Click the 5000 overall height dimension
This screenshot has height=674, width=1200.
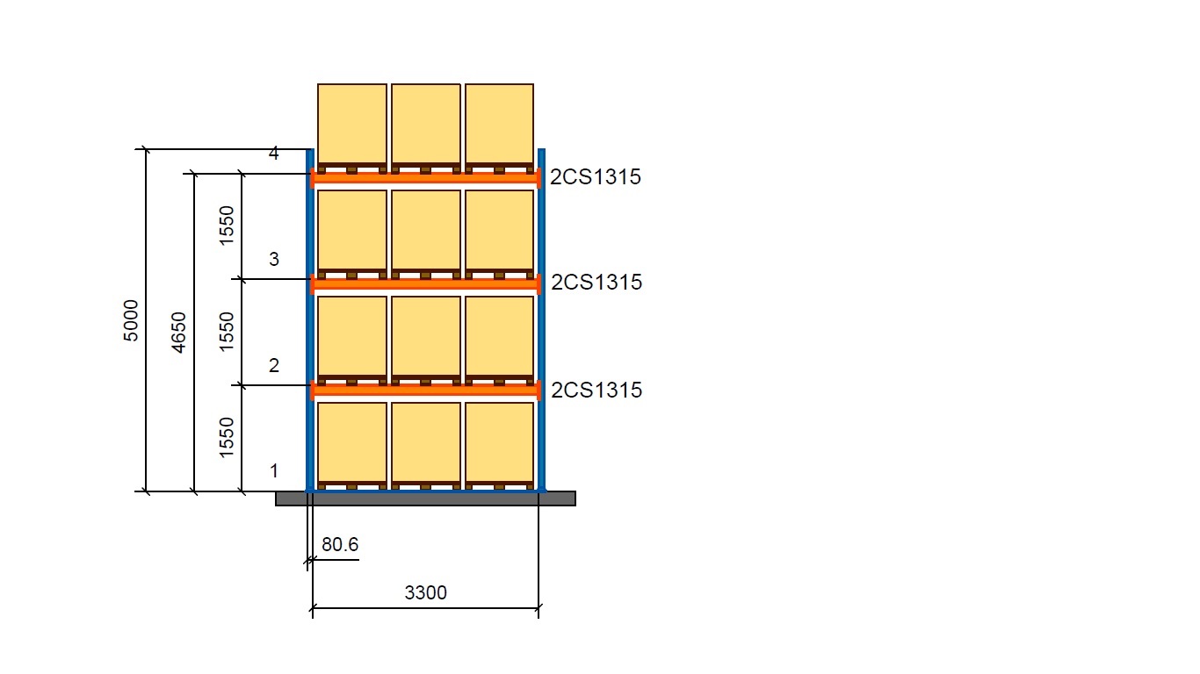point(130,320)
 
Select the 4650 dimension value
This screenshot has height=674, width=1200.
point(178,332)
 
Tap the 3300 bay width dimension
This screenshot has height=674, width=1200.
point(425,593)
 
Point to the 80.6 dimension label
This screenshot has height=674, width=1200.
point(340,545)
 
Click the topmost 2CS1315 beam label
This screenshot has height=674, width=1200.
point(596,177)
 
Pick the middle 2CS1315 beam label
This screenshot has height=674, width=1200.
point(596,283)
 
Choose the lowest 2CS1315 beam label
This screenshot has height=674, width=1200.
point(596,390)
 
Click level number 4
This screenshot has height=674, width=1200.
point(274,154)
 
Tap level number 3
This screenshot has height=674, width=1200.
point(274,259)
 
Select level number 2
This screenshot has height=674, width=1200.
point(274,365)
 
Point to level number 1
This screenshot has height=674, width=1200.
point(274,471)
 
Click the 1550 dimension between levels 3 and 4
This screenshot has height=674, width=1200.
point(227,226)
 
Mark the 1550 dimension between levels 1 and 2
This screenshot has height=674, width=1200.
point(227,438)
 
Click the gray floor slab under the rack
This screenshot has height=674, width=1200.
point(425,498)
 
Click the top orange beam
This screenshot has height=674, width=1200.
point(425,178)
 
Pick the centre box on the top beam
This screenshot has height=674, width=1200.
point(425,124)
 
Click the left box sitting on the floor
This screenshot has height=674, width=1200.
point(351,442)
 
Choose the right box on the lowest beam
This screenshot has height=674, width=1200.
point(499,336)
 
